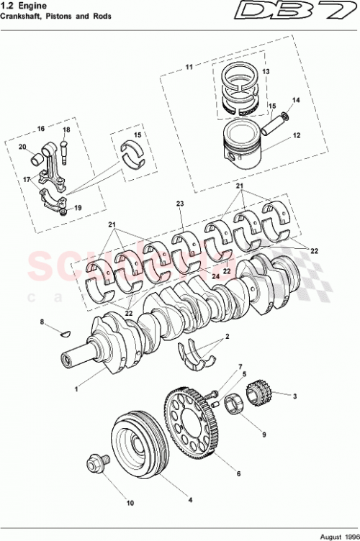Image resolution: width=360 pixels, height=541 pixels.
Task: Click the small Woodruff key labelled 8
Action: pos(63,332)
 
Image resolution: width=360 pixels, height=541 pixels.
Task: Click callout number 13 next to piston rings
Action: pos(264,72)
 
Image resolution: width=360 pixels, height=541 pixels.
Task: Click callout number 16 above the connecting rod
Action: pos(41,128)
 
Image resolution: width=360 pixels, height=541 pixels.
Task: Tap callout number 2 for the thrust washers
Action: pos(228,337)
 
